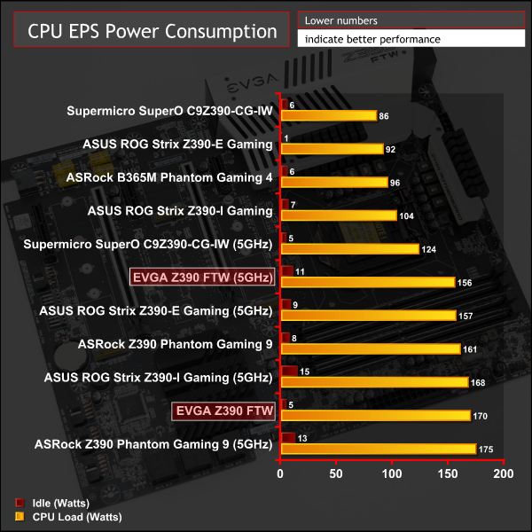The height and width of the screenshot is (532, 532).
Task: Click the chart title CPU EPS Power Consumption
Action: (x=153, y=32)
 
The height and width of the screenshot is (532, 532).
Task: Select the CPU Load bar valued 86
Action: (x=328, y=115)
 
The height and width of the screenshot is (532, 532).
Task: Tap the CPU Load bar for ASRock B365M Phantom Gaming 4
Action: (x=333, y=183)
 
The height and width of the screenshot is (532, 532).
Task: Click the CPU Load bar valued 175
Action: (x=378, y=449)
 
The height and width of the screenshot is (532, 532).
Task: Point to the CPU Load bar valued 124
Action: (x=349, y=249)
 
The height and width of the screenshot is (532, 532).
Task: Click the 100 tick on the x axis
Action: (x=392, y=474)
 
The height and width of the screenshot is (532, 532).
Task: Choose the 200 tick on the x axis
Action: (x=503, y=474)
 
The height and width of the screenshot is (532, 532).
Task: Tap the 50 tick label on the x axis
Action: (x=336, y=474)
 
